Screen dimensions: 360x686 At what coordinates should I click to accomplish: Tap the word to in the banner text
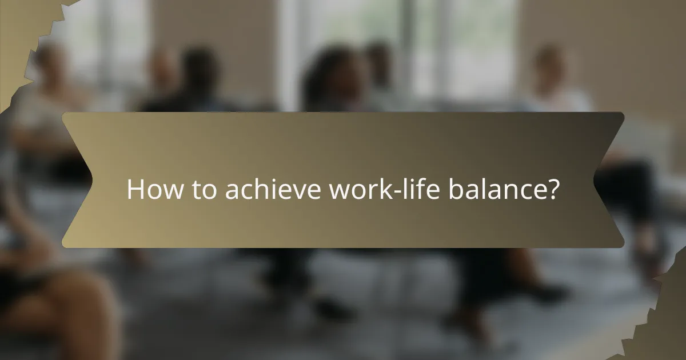click(x=203, y=189)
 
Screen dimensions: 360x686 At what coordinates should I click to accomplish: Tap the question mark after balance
click(x=553, y=189)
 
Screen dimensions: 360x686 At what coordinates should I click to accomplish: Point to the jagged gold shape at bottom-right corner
click(x=669, y=320)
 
